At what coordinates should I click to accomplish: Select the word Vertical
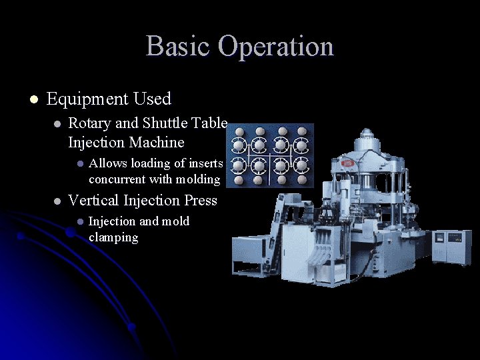coord(93,200)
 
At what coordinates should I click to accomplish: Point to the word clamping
coord(113,237)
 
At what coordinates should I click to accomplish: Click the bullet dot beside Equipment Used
coord(33,100)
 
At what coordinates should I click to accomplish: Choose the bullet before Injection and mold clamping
coord(78,222)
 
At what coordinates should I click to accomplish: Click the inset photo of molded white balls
coord(270,155)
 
